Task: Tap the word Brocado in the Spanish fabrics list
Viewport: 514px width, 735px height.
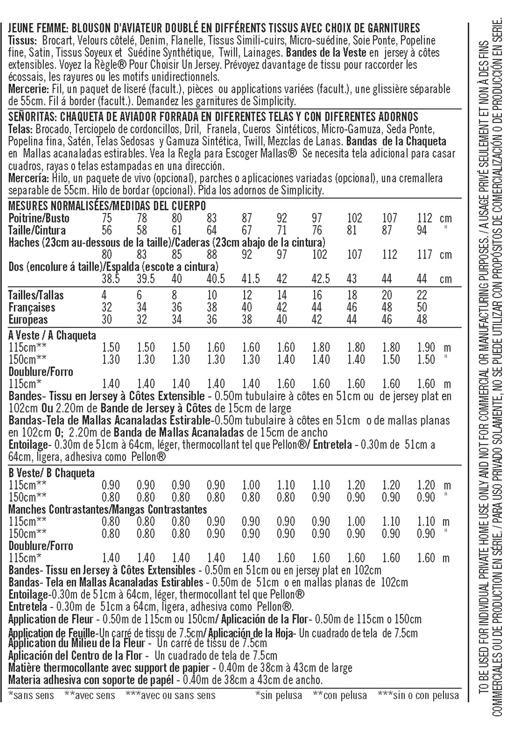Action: pyautogui.click(x=52, y=129)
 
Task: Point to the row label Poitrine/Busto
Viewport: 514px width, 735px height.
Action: pyautogui.click(x=39, y=218)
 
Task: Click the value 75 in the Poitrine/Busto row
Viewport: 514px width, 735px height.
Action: pyautogui.click(x=107, y=218)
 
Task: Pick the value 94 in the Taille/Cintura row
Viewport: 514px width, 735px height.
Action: pyautogui.click(x=422, y=230)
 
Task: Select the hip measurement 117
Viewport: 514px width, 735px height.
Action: pyautogui.click(x=424, y=255)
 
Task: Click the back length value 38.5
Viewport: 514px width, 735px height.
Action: pyautogui.click(x=111, y=279)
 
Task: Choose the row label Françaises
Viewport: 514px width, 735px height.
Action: pyautogui.click(x=32, y=308)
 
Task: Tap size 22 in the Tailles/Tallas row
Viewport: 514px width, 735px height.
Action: pyautogui.click(x=422, y=295)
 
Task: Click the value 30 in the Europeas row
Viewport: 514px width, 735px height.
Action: pyautogui.click(x=107, y=320)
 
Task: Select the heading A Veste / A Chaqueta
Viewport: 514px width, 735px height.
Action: pyautogui.click(x=52, y=335)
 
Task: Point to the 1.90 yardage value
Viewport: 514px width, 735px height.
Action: pyautogui.click(x=426, y=348)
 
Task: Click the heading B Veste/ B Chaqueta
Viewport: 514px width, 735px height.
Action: pyautogui.click(x=51, y=473)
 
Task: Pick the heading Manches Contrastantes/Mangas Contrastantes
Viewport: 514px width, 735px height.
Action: pyautogui.click(x=108, y=509)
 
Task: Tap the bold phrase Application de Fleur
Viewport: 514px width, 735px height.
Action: pyautogui.click(x=51, y=620)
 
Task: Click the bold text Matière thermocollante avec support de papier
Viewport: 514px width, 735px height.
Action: pyautogui.click(x=109, y=668)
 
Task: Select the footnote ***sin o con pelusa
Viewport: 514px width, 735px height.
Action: pyautogui.click(x=418, y=696)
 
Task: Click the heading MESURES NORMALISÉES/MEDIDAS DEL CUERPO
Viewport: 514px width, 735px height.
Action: pyautogui.click(x=107, y=206)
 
